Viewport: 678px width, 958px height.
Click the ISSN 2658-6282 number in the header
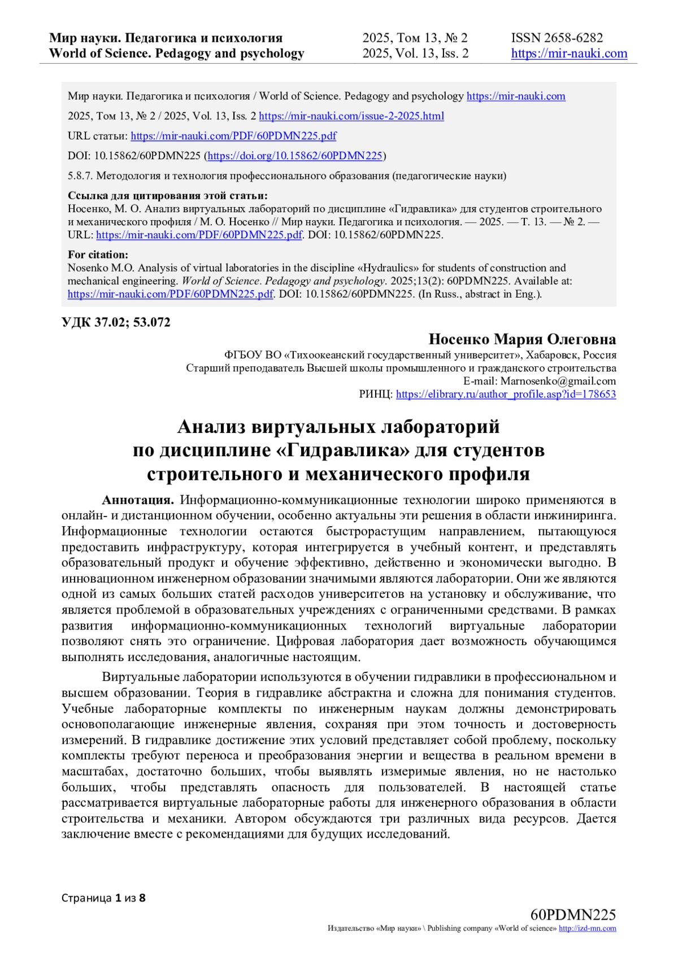pos(557,38)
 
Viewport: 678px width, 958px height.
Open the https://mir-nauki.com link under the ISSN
pos(569,54)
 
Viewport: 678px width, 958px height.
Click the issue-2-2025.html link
pos(351,116)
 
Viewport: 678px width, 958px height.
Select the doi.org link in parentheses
pos(295,156)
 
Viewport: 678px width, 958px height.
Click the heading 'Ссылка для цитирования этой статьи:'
pos(168,196)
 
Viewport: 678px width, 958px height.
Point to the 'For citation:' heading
pos(98,255)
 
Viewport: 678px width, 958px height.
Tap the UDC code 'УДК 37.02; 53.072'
pos(116,323)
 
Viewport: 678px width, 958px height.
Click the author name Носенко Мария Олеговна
pos(522,339)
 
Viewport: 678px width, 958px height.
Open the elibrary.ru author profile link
pos(506,395)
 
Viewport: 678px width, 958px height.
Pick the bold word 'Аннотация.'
pos(138,500)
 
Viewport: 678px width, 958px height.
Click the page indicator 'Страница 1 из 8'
pos(103,898)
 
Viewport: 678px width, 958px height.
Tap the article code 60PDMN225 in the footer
pos(573,915)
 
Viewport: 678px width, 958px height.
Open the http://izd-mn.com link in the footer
pos(587,929)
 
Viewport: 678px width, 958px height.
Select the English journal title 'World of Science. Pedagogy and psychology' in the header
pos(176,54)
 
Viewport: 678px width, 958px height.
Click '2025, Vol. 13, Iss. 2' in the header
pos(415,54)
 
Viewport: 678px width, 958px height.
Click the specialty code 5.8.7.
pos(80,176)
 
